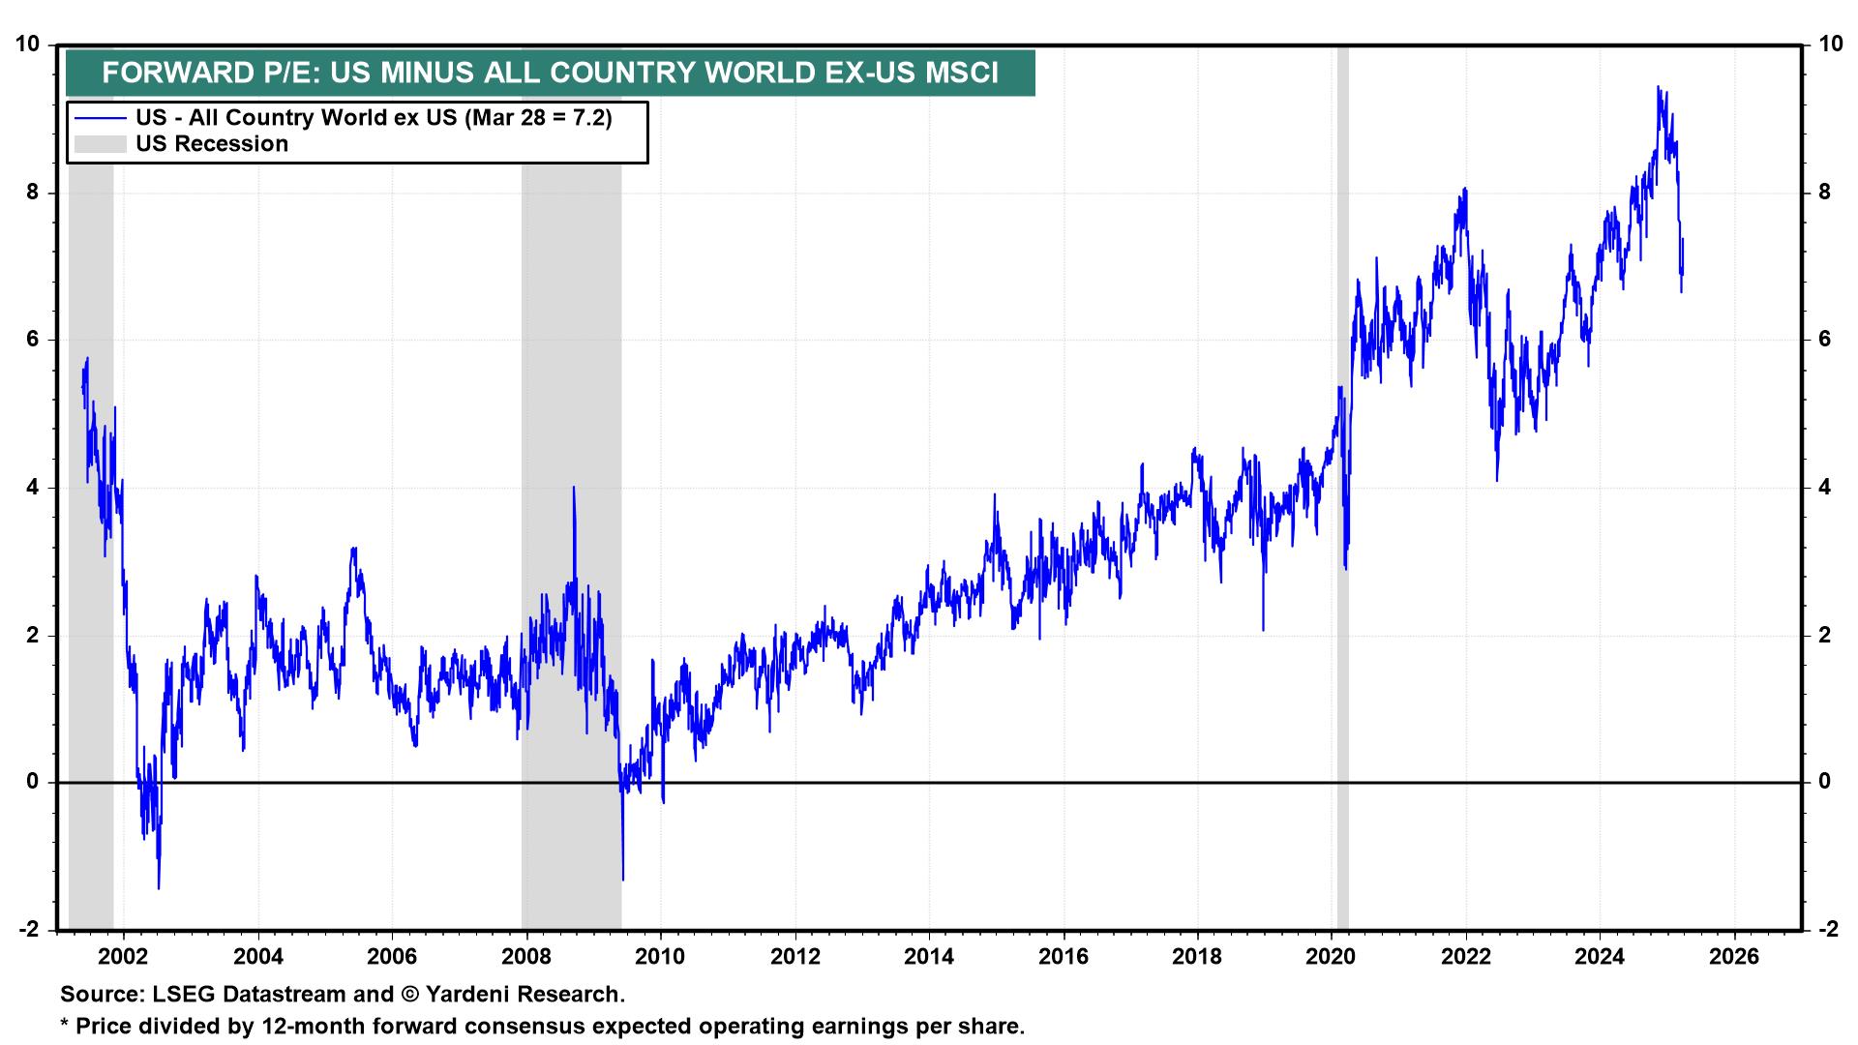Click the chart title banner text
[550, 73]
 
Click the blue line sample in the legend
[100, 118]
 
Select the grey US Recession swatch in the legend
[100, 144]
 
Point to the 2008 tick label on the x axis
[526, 957]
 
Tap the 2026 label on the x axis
[1733, 957]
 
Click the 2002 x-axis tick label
[124, 957]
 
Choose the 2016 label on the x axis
[1063, 957]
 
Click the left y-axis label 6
[34, 340]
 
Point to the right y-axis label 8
[1824, 192]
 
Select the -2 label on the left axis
[30, 930]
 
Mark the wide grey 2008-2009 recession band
[571, 387]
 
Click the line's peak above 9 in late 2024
[1658, 87]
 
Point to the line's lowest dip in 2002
[158, 887]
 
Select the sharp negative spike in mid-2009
[622, 879]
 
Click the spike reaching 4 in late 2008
[574, 488]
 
